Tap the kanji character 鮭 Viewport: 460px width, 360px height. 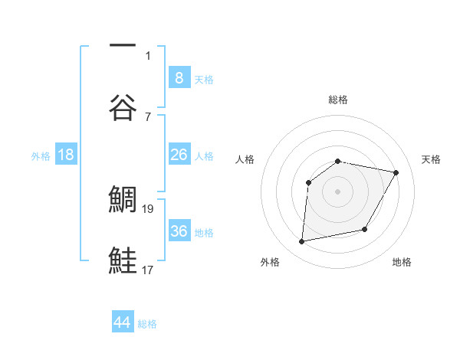coord(123,260)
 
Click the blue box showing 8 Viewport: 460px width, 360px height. coord(179,77)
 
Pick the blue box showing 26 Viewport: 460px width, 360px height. coord(179,155)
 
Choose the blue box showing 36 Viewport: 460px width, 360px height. coord(179,231)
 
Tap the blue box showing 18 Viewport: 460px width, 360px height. coord(66,155)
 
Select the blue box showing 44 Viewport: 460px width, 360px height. coord(123,322)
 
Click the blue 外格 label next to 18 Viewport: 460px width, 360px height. coord(41,155)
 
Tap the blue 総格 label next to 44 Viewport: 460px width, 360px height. coord(148,324)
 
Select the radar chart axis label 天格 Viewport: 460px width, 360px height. coord(431,159)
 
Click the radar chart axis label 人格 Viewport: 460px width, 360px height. coord(245,159)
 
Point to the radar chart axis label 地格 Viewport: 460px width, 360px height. coord(402,262)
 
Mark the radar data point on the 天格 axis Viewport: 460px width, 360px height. coord(396,172)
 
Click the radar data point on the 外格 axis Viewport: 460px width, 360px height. coord(302,242)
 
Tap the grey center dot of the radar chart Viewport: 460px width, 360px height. coord(337,191)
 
